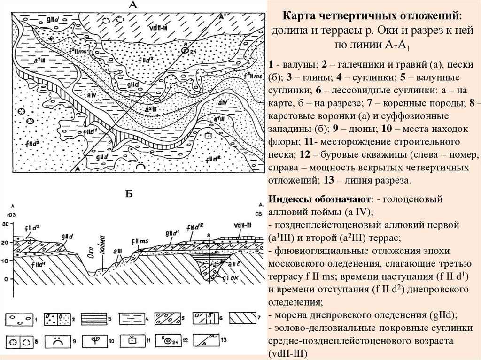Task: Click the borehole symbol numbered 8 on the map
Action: [186, 51]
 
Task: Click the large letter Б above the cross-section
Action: [131, 193]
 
